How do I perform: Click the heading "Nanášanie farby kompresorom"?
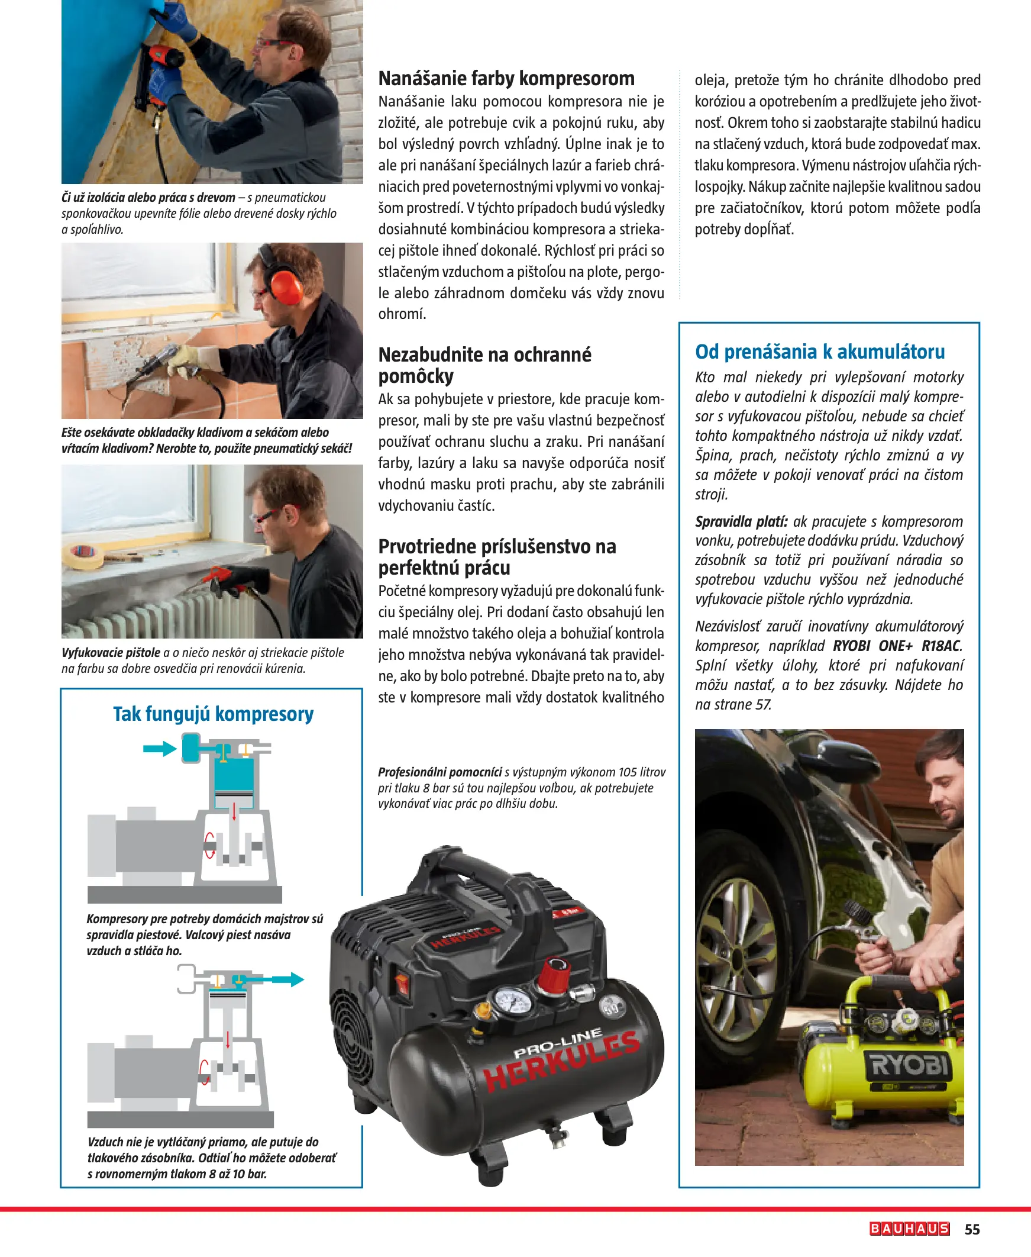pos(506,78)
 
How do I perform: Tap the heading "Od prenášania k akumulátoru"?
pos(819,352)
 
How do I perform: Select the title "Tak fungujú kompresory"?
pos(213,714)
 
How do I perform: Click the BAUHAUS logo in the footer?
pos(909,1229)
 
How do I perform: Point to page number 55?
pos(972,1229)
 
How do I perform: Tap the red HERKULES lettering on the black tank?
pos(561,1064)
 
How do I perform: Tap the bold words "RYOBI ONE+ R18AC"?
pos(897,646)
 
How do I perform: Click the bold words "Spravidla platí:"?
pos(741,521)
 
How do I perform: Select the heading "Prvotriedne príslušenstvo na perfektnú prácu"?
pos(497,557)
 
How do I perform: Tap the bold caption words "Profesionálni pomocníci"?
pos(439,772)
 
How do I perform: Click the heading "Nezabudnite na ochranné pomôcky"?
pos(484,365)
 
